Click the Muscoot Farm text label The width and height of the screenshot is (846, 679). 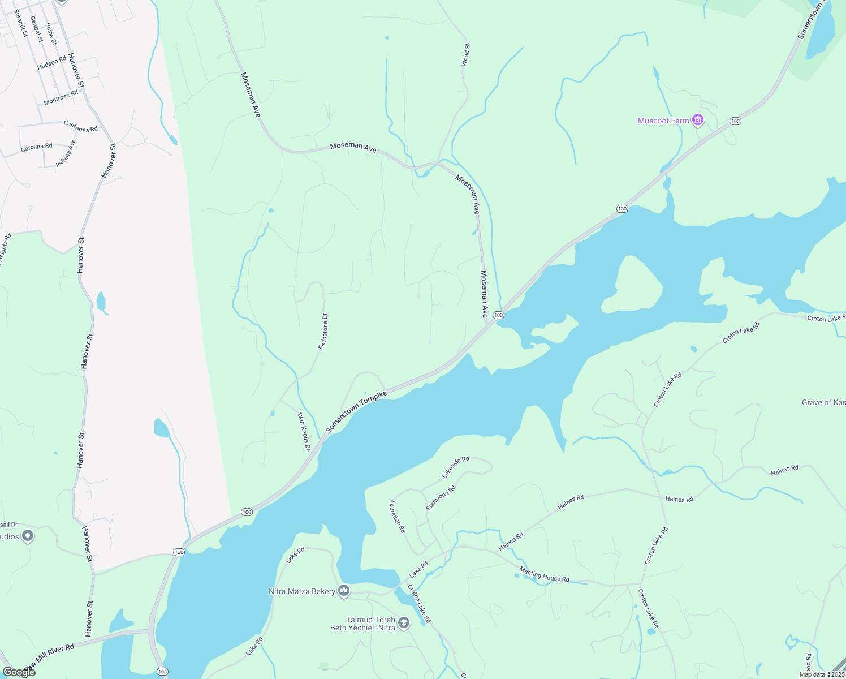pyautogui.click(x=663, y=121)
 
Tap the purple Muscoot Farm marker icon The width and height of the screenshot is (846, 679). pyautogui.click(x=698, y=120)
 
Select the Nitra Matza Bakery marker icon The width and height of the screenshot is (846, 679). pyautogui.click(x=343, y=591)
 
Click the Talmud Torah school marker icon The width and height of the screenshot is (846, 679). pyautogui.click(x=403, y=623)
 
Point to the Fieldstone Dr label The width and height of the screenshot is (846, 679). pyautogui.click(x=323, y=331)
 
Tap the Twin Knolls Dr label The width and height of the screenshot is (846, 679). pyautogui.click(x=304, y=431)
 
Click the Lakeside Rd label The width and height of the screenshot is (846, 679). pyautogui.click(x=456, y=466)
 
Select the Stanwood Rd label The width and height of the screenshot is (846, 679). pyautogui.click(x=441, y=498)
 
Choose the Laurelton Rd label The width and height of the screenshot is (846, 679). pyautogui.click(x=398, y=516)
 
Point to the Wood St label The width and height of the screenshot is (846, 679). pyautogui.click(x=465, y=55)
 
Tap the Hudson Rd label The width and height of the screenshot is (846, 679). pyautogui.click(x=51, y=63)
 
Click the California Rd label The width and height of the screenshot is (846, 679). pyautogui.click(x=81, y=126)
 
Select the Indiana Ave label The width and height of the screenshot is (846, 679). pyautogui.click(x=66, y=153)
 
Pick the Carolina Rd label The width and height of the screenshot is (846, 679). pyautogui.click(x=37, y=147)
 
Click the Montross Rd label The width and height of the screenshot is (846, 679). pyautogui.click(x=61, y=97)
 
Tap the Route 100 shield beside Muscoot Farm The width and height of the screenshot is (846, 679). pyautogui.click(x=735, y=121)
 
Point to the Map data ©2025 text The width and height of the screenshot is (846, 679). pyautogui.click(x=822, y=674)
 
